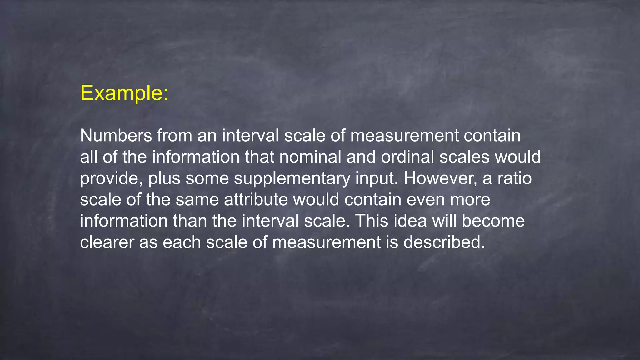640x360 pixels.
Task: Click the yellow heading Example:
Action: pos(124,93)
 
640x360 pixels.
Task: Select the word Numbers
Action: pos(116,136)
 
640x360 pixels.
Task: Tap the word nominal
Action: pos(310,157)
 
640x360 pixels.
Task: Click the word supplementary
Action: pos(292,178)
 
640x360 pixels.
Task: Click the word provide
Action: pos(109,178)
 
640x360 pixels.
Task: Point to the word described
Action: pos(444,242)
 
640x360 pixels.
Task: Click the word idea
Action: pos(410,221)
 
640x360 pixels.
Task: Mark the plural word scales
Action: pos(464,157)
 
